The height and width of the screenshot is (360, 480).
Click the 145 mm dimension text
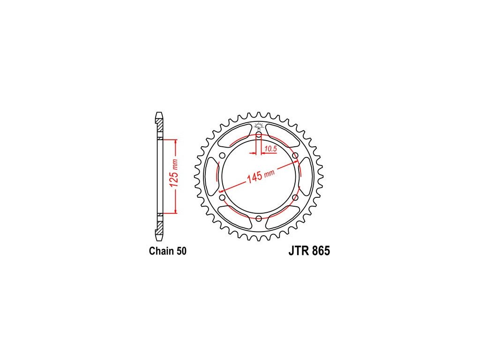click(x=261, y=175)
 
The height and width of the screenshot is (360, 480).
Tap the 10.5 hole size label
click(x=270, y=149)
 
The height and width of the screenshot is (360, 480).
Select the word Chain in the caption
click(x=161, y=251)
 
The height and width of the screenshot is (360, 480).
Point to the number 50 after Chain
click(x=181, y=251)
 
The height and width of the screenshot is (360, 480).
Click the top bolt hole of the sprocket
click(x=259, y=135)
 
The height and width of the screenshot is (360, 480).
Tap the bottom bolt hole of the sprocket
click(x=259, y=218)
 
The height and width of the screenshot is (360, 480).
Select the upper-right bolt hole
click(x=295, y=156)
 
